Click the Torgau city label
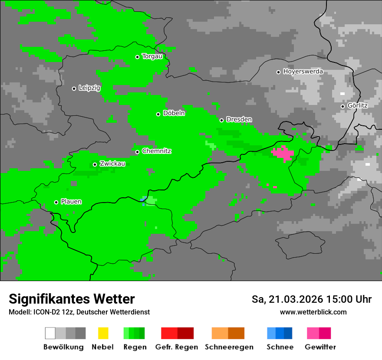tap(152, 56)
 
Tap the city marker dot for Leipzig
tap(74, 88)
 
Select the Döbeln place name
tap(174, 113)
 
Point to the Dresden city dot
tap(221, 120)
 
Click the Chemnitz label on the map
tap(156, 151)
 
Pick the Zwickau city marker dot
tap(95, 164)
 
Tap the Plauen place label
tap(71, 202)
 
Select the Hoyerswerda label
tap(303, 72)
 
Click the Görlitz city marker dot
tap(342, 106)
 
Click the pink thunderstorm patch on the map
tap(283, 153)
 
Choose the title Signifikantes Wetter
tap(72, 299)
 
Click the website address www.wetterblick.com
tap(313, 312)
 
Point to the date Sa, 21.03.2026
tap(287, 299)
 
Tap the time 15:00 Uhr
tap(350, 299)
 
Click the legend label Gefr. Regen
tap(176, 347)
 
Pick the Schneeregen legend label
tap(229, 347)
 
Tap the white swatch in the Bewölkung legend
tap(50, 333)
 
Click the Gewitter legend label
tap(320, 347)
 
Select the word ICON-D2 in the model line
tap(45, 312)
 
